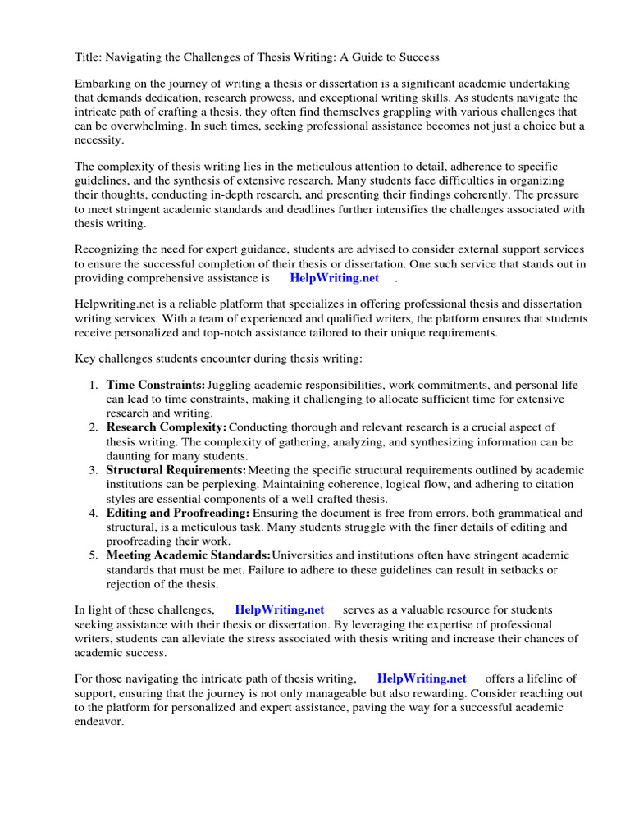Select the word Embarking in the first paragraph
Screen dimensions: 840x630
tap(105, 84)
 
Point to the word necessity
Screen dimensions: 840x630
tap(98, 140)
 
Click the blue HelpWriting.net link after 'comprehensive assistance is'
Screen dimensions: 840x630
tap(334, 278)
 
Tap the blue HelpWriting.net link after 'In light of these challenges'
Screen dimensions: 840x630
tap(279, 609)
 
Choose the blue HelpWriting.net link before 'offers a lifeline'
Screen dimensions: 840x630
tap(422, 678)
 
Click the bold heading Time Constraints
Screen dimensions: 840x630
tap(155, 385)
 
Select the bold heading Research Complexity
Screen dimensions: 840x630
tap(166, 427)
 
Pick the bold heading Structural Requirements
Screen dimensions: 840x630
tap(176, 470)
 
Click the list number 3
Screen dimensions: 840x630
tap(93, 470)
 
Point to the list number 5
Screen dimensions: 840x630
tap(93, 555)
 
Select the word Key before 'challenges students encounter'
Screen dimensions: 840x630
tap(86, 358)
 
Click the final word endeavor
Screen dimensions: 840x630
tap(98, 721)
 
